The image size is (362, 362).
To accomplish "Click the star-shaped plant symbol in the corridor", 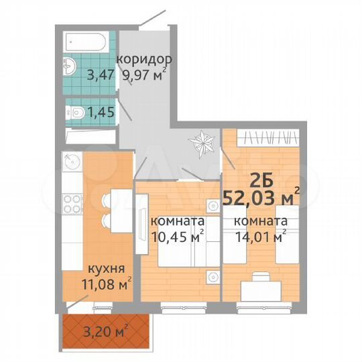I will (x=202, y=142).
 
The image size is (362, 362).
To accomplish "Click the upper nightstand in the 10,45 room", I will (x=210, y=206).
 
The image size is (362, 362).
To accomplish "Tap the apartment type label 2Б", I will (x=260, y=179).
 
